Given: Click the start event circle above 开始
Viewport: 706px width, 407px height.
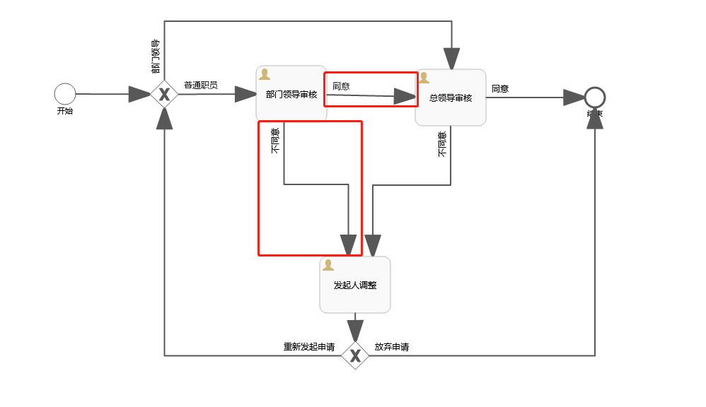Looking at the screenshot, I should (x=64, y=93).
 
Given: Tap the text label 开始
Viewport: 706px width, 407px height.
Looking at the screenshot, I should (x=64, y=111).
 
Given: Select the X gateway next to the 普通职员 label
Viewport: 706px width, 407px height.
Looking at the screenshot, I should (x=164, y=94).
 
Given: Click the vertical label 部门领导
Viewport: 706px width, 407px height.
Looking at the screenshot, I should (x=156, y=57).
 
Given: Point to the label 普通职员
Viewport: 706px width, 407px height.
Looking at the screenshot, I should (x=201, y=85).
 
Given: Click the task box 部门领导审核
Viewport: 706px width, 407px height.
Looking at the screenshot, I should (x=291, y=95).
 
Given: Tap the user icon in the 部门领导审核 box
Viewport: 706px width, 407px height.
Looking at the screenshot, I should (x=265, y=74).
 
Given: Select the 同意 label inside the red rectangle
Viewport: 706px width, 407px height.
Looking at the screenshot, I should (x=341, y=86).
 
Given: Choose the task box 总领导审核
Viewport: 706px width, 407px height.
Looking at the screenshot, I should (x=451, y=98).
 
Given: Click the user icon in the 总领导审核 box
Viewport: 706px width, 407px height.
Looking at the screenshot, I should (x=424, y=78).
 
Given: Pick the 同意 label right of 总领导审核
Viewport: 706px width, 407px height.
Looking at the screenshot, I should (x=500, y=88).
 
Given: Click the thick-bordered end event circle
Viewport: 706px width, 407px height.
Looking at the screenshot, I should (x=595, y=98).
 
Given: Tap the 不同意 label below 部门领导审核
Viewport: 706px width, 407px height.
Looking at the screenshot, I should (x=275, y=140).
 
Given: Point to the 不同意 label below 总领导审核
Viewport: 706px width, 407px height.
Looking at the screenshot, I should (x=442, y=143).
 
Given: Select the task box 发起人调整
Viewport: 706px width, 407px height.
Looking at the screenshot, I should (x=355, y=285).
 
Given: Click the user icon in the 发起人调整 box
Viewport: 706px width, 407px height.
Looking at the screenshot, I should (x=328, y=265).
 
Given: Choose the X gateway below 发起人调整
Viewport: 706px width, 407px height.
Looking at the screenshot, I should (x=355, y=355).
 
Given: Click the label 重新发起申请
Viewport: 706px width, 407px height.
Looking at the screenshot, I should (x=309, y=347).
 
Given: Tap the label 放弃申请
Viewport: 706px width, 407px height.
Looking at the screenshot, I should (x=391, y=347).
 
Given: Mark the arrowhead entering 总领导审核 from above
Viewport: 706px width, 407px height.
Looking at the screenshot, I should (x=451, y=59).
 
